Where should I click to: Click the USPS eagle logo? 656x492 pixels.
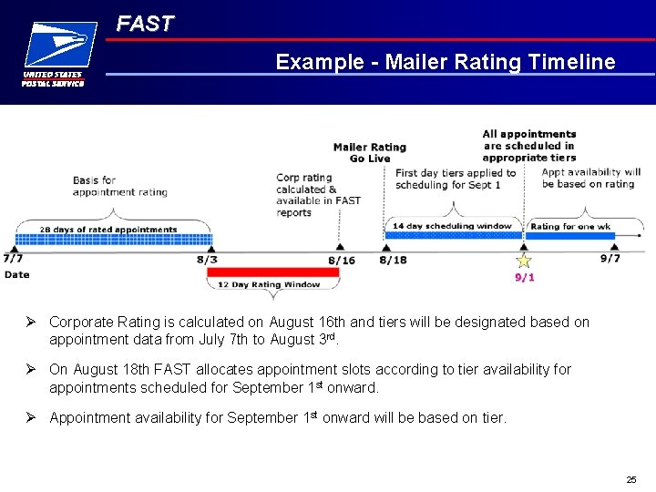point(60,45)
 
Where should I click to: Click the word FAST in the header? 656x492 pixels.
point(145,25)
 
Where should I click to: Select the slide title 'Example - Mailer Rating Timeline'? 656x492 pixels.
point(446,62)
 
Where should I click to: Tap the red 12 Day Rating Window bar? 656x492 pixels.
point(274,272)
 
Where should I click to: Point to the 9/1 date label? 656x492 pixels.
point(525,277)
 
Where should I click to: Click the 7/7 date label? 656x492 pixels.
point(14,258)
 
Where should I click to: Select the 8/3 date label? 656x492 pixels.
point(207,260)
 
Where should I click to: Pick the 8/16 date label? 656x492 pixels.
point(342,260)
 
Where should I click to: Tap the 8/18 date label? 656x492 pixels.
point(393,260)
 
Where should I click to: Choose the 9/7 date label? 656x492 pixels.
point(610,258)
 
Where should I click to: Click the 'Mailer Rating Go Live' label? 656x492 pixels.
point(369,152)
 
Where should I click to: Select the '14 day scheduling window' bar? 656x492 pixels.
point(453,234)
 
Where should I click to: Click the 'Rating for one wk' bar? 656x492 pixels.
point(571,234)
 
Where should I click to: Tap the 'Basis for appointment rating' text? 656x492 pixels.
point(119,186)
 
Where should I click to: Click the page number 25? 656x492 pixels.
point(630,479)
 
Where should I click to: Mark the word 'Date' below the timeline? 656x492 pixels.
point(16,274)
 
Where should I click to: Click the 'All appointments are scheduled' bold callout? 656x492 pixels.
point(528,146)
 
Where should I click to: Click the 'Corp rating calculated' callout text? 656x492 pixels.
point(318,195)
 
